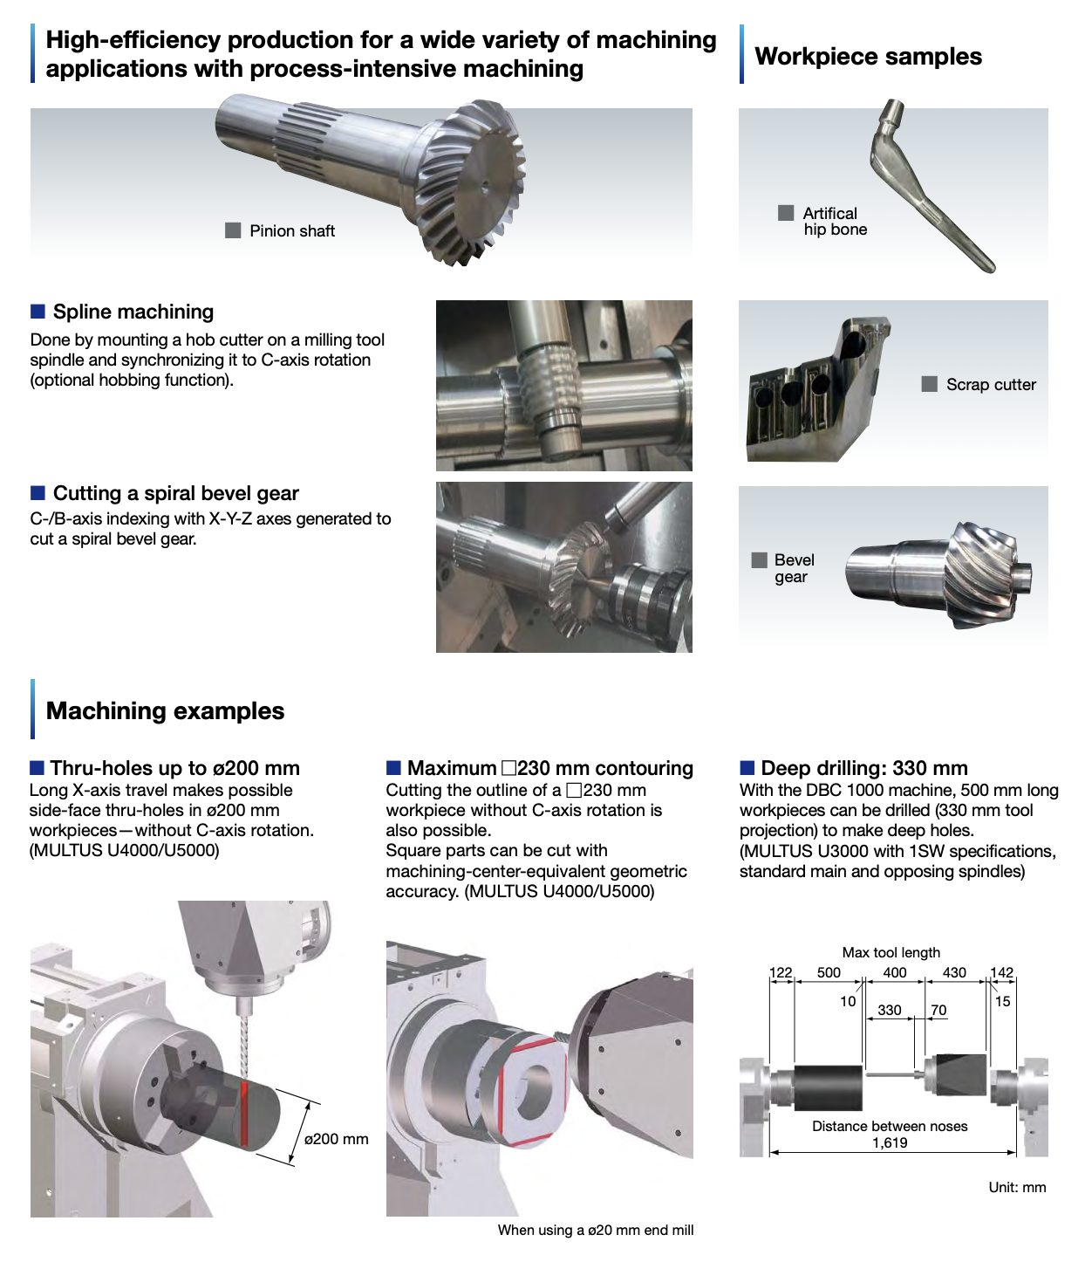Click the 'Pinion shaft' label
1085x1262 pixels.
[291, 230]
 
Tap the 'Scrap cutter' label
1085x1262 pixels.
[991, 385]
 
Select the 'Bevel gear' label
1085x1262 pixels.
[794, 568]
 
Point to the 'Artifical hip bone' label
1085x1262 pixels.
[835, 221]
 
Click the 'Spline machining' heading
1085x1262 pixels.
[133, 312]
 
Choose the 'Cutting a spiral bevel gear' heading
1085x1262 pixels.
[176, 493]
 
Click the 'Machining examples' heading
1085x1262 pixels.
[165, 710]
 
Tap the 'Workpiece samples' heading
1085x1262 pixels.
[868, 56]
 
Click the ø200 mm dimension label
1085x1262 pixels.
[337, 1139]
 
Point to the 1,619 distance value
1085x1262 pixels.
[890, 1143]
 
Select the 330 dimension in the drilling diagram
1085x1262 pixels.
[889, 1010]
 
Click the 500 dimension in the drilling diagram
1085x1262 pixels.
[828, 972]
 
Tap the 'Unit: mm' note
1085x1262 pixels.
[1017, 1187]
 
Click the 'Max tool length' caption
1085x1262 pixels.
[891, 952]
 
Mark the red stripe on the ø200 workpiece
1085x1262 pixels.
[245, 1113]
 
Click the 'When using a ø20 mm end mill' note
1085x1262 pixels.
[596, 1230]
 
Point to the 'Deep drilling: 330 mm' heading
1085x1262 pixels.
[864, 767]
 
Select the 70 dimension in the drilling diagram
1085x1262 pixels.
[938, 1010]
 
